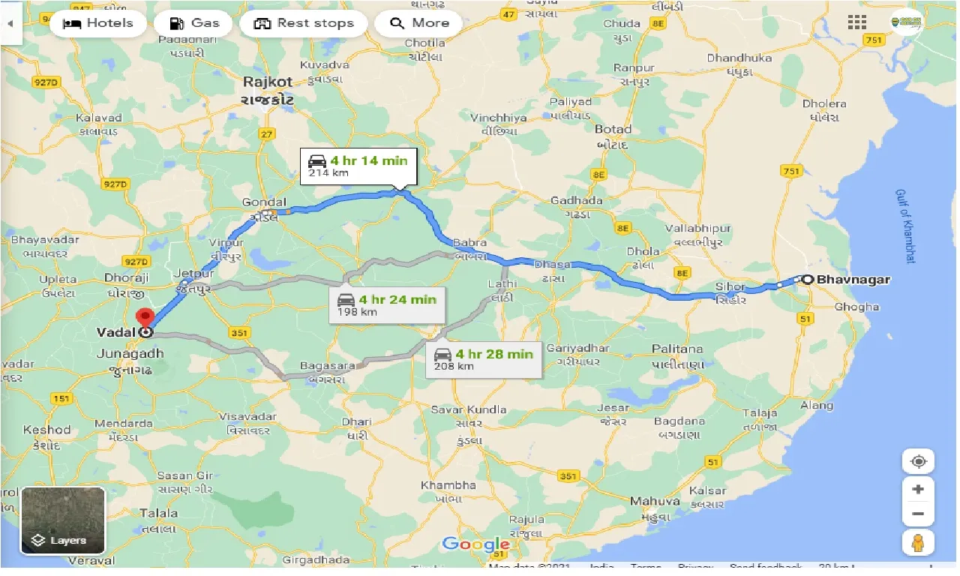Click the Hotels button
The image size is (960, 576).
coord(97,23)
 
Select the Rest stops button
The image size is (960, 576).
coord(303,23)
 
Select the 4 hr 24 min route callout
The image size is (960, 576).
coord(386,304)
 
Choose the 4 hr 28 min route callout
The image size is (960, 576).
coord(484,359)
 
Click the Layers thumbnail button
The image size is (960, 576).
coord(63,520)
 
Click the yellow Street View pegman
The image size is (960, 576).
coord(918,541)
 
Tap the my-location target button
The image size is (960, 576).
coord(918,461)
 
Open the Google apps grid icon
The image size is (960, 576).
coord(856,22)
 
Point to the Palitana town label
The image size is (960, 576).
coord(677,349)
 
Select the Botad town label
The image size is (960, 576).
coord(613,129)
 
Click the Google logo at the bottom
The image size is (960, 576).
coord(475,544)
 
